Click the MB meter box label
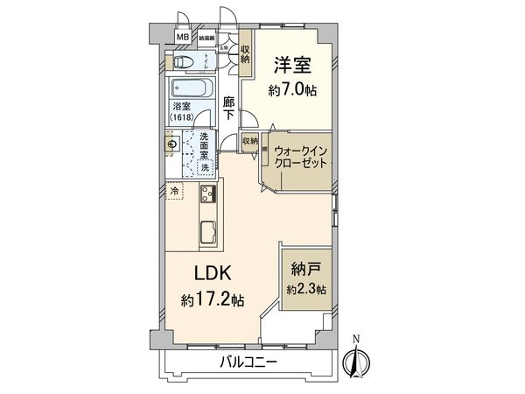coord(184,38)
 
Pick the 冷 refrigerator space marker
coord(174,190)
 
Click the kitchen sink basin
coord(210,232)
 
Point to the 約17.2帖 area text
coord(213,300)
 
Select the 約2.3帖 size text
coord(305,288)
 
